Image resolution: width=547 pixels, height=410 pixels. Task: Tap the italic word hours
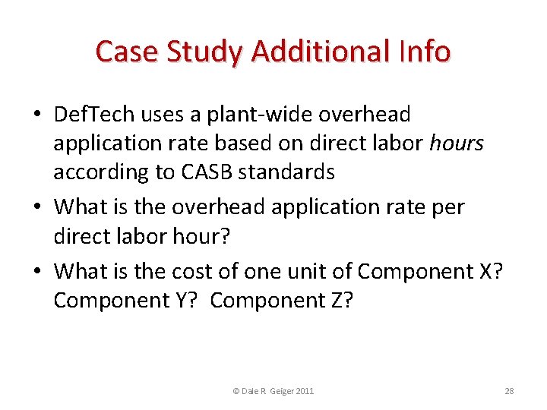[457, 143]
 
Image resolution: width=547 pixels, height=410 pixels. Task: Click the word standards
[286, 172]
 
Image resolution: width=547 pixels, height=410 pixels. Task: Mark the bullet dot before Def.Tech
[37, 115]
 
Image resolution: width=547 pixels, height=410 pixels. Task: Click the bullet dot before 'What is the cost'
[37, 271]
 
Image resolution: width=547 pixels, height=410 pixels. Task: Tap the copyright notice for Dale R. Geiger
[273, 391]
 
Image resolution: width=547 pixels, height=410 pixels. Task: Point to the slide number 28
[509, 391]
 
